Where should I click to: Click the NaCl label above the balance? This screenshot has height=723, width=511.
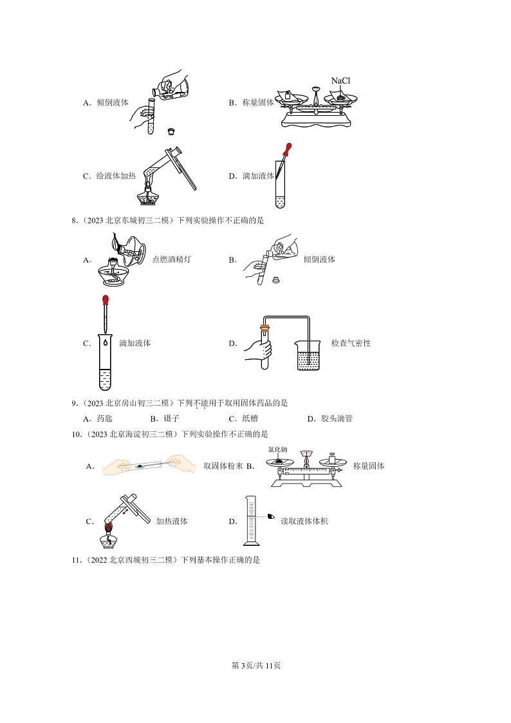[344, 80]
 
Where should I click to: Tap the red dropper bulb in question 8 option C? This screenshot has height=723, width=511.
[105, 300]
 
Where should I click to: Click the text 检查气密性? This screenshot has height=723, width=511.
[351, 343]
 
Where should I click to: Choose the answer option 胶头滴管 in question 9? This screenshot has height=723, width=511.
[337, 418]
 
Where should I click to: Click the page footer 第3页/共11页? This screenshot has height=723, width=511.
[256, 665]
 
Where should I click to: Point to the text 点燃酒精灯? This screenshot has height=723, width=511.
[171, 259]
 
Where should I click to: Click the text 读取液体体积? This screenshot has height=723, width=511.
[304, 521]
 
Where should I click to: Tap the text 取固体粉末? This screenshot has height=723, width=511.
[223, 465]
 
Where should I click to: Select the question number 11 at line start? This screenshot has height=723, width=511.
[75, 560]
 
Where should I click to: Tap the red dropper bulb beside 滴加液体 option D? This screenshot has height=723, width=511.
[288, 147]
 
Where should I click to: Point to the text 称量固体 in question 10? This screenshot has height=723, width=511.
[369, 465]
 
